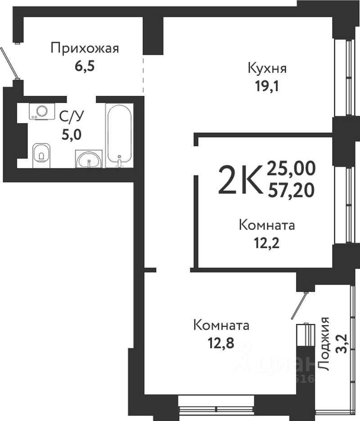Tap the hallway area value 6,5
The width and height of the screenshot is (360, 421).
(85, 66)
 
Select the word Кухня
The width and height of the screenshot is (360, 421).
(267, 68)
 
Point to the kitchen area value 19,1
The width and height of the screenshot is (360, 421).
(267, 86)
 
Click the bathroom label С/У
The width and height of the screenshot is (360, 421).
(72, 117)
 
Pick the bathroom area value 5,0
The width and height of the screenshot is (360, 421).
(72, 135)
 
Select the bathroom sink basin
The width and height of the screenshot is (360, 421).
(89, 159)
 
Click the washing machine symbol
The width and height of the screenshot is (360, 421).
(42, 111)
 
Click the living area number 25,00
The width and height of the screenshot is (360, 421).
(291, 169)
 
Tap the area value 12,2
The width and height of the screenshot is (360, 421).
(267, 243)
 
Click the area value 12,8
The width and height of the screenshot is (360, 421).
(221, 343)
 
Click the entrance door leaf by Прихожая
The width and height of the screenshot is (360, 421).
(9, 63)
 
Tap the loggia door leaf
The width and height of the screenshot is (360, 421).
(299, 305)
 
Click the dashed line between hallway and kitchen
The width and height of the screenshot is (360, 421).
(144, 74)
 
